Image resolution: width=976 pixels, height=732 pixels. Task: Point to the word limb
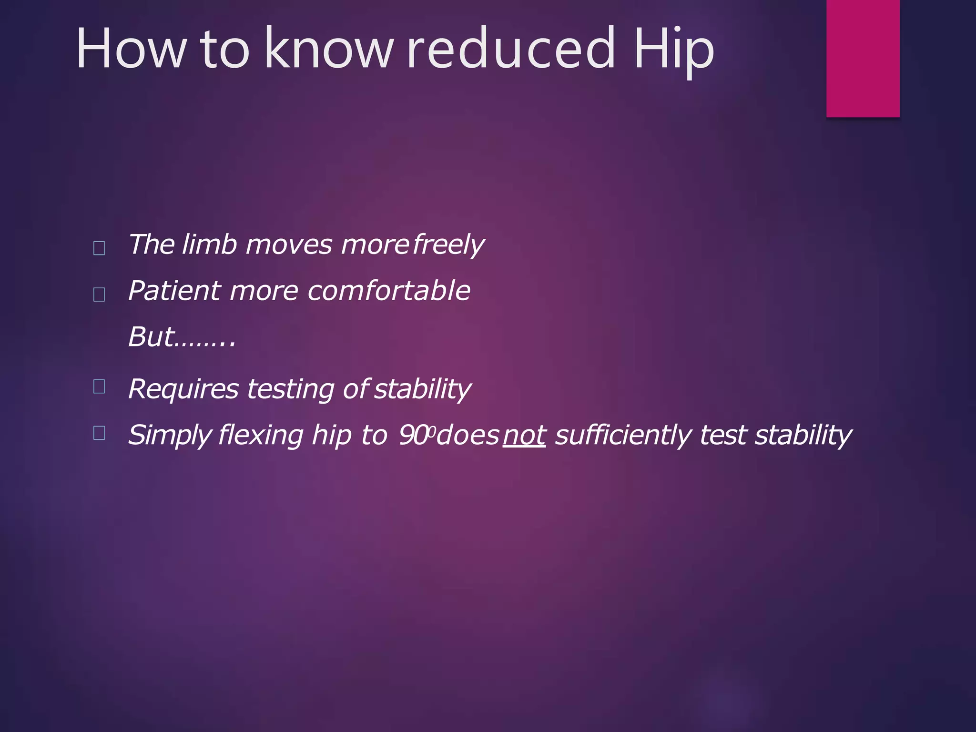[210, 244]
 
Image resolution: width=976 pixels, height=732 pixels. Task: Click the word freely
[448, 245]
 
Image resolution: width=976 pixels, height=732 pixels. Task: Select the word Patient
[174, 291]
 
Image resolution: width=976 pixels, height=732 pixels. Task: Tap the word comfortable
[389, 291]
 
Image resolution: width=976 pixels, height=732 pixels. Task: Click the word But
[151, 337]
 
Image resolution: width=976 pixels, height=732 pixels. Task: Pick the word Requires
[183, 389]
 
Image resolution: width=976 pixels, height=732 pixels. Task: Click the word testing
[290, 389]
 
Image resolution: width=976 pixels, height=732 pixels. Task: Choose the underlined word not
[524, 435]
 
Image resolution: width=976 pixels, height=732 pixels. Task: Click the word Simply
[170, 436]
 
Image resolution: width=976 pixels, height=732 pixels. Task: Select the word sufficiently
[622, 435]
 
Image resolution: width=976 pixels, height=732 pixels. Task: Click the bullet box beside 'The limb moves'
[99, 248]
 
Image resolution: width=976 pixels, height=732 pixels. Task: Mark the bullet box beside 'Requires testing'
[99, 386]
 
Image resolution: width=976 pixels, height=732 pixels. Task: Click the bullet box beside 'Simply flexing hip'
[99, 433]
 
